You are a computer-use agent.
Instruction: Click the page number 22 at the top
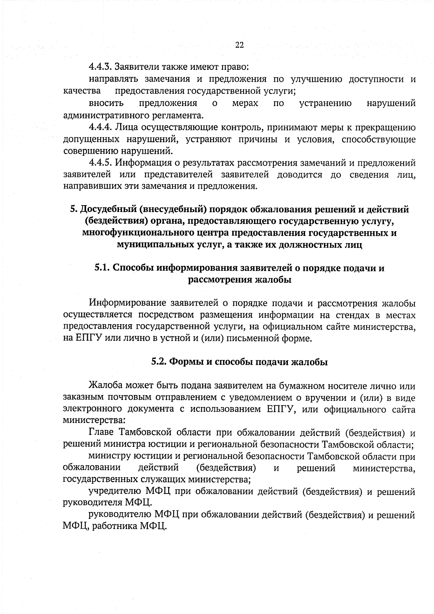(x=239, y=45)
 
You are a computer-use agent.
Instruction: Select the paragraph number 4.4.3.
(x=100, y=67)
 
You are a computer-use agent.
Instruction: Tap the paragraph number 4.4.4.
(x=100, y=128)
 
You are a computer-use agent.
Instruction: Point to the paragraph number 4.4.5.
(x=100, y=163)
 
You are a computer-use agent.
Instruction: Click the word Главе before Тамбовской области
(x=101, y=433)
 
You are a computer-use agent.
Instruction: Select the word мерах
(x=245, y=103)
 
